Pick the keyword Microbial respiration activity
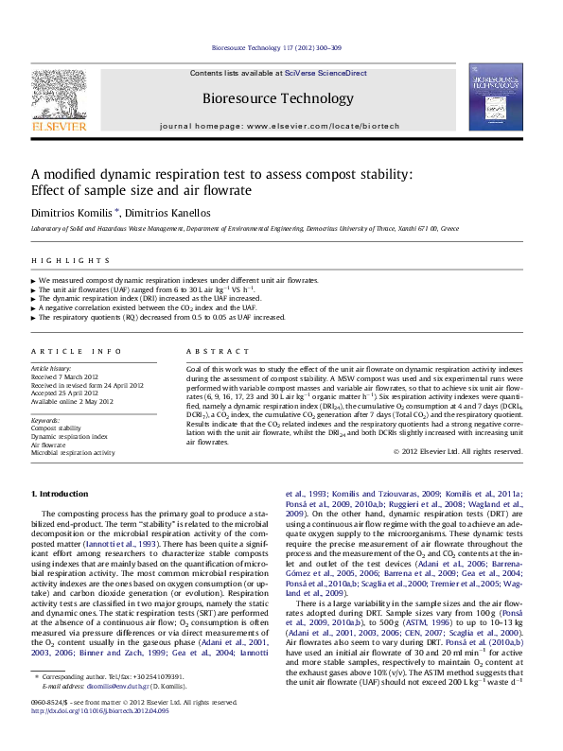tap(73, 453)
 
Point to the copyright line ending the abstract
tap(458, 451)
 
